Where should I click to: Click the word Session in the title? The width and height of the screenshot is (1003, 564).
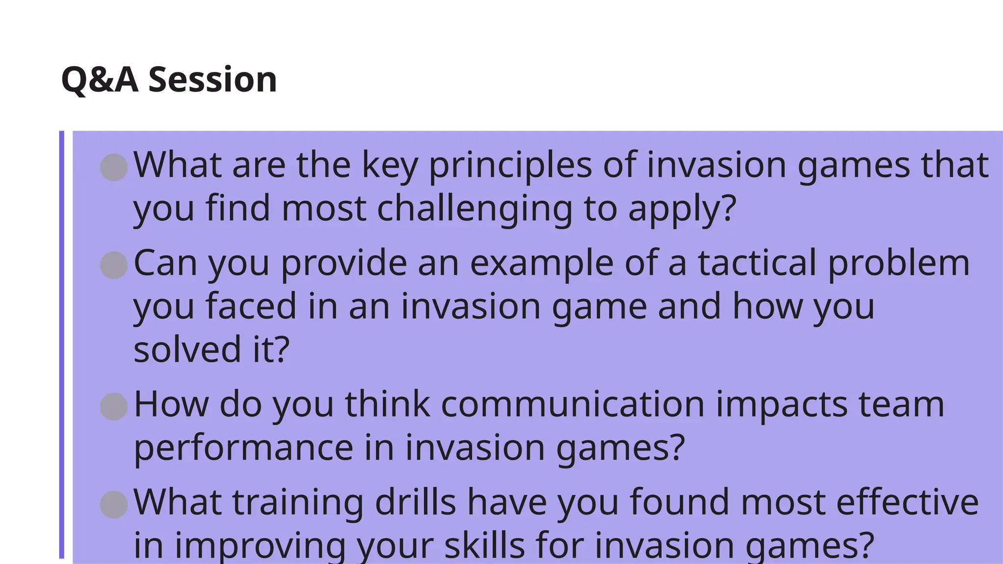[x=213, y=80]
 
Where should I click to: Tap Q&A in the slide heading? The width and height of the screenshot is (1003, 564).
[x=100, y=80]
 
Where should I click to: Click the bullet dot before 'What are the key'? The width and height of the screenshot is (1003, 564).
[x=114, y=167]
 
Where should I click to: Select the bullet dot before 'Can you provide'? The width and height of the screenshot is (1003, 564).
[x=114, y=265]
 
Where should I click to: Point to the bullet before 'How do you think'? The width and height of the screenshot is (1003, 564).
[x=114, y=406]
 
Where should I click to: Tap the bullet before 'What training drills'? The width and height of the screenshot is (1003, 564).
[x=114, y=504]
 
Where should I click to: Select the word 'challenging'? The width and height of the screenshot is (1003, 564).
[x=475, y=209]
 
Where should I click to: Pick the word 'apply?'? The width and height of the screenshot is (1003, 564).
[x=682, y=209]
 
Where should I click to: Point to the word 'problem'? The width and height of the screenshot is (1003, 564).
[x=899, y=263]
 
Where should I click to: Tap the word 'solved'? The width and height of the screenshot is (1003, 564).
[x=187, y=350]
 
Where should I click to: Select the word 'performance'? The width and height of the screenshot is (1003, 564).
[x=243, y=447]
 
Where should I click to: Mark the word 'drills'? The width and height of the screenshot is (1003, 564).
[x=415, y=502]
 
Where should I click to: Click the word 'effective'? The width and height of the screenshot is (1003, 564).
[x=907, y=502]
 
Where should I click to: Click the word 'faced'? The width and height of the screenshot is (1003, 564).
[x=251, y=306]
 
